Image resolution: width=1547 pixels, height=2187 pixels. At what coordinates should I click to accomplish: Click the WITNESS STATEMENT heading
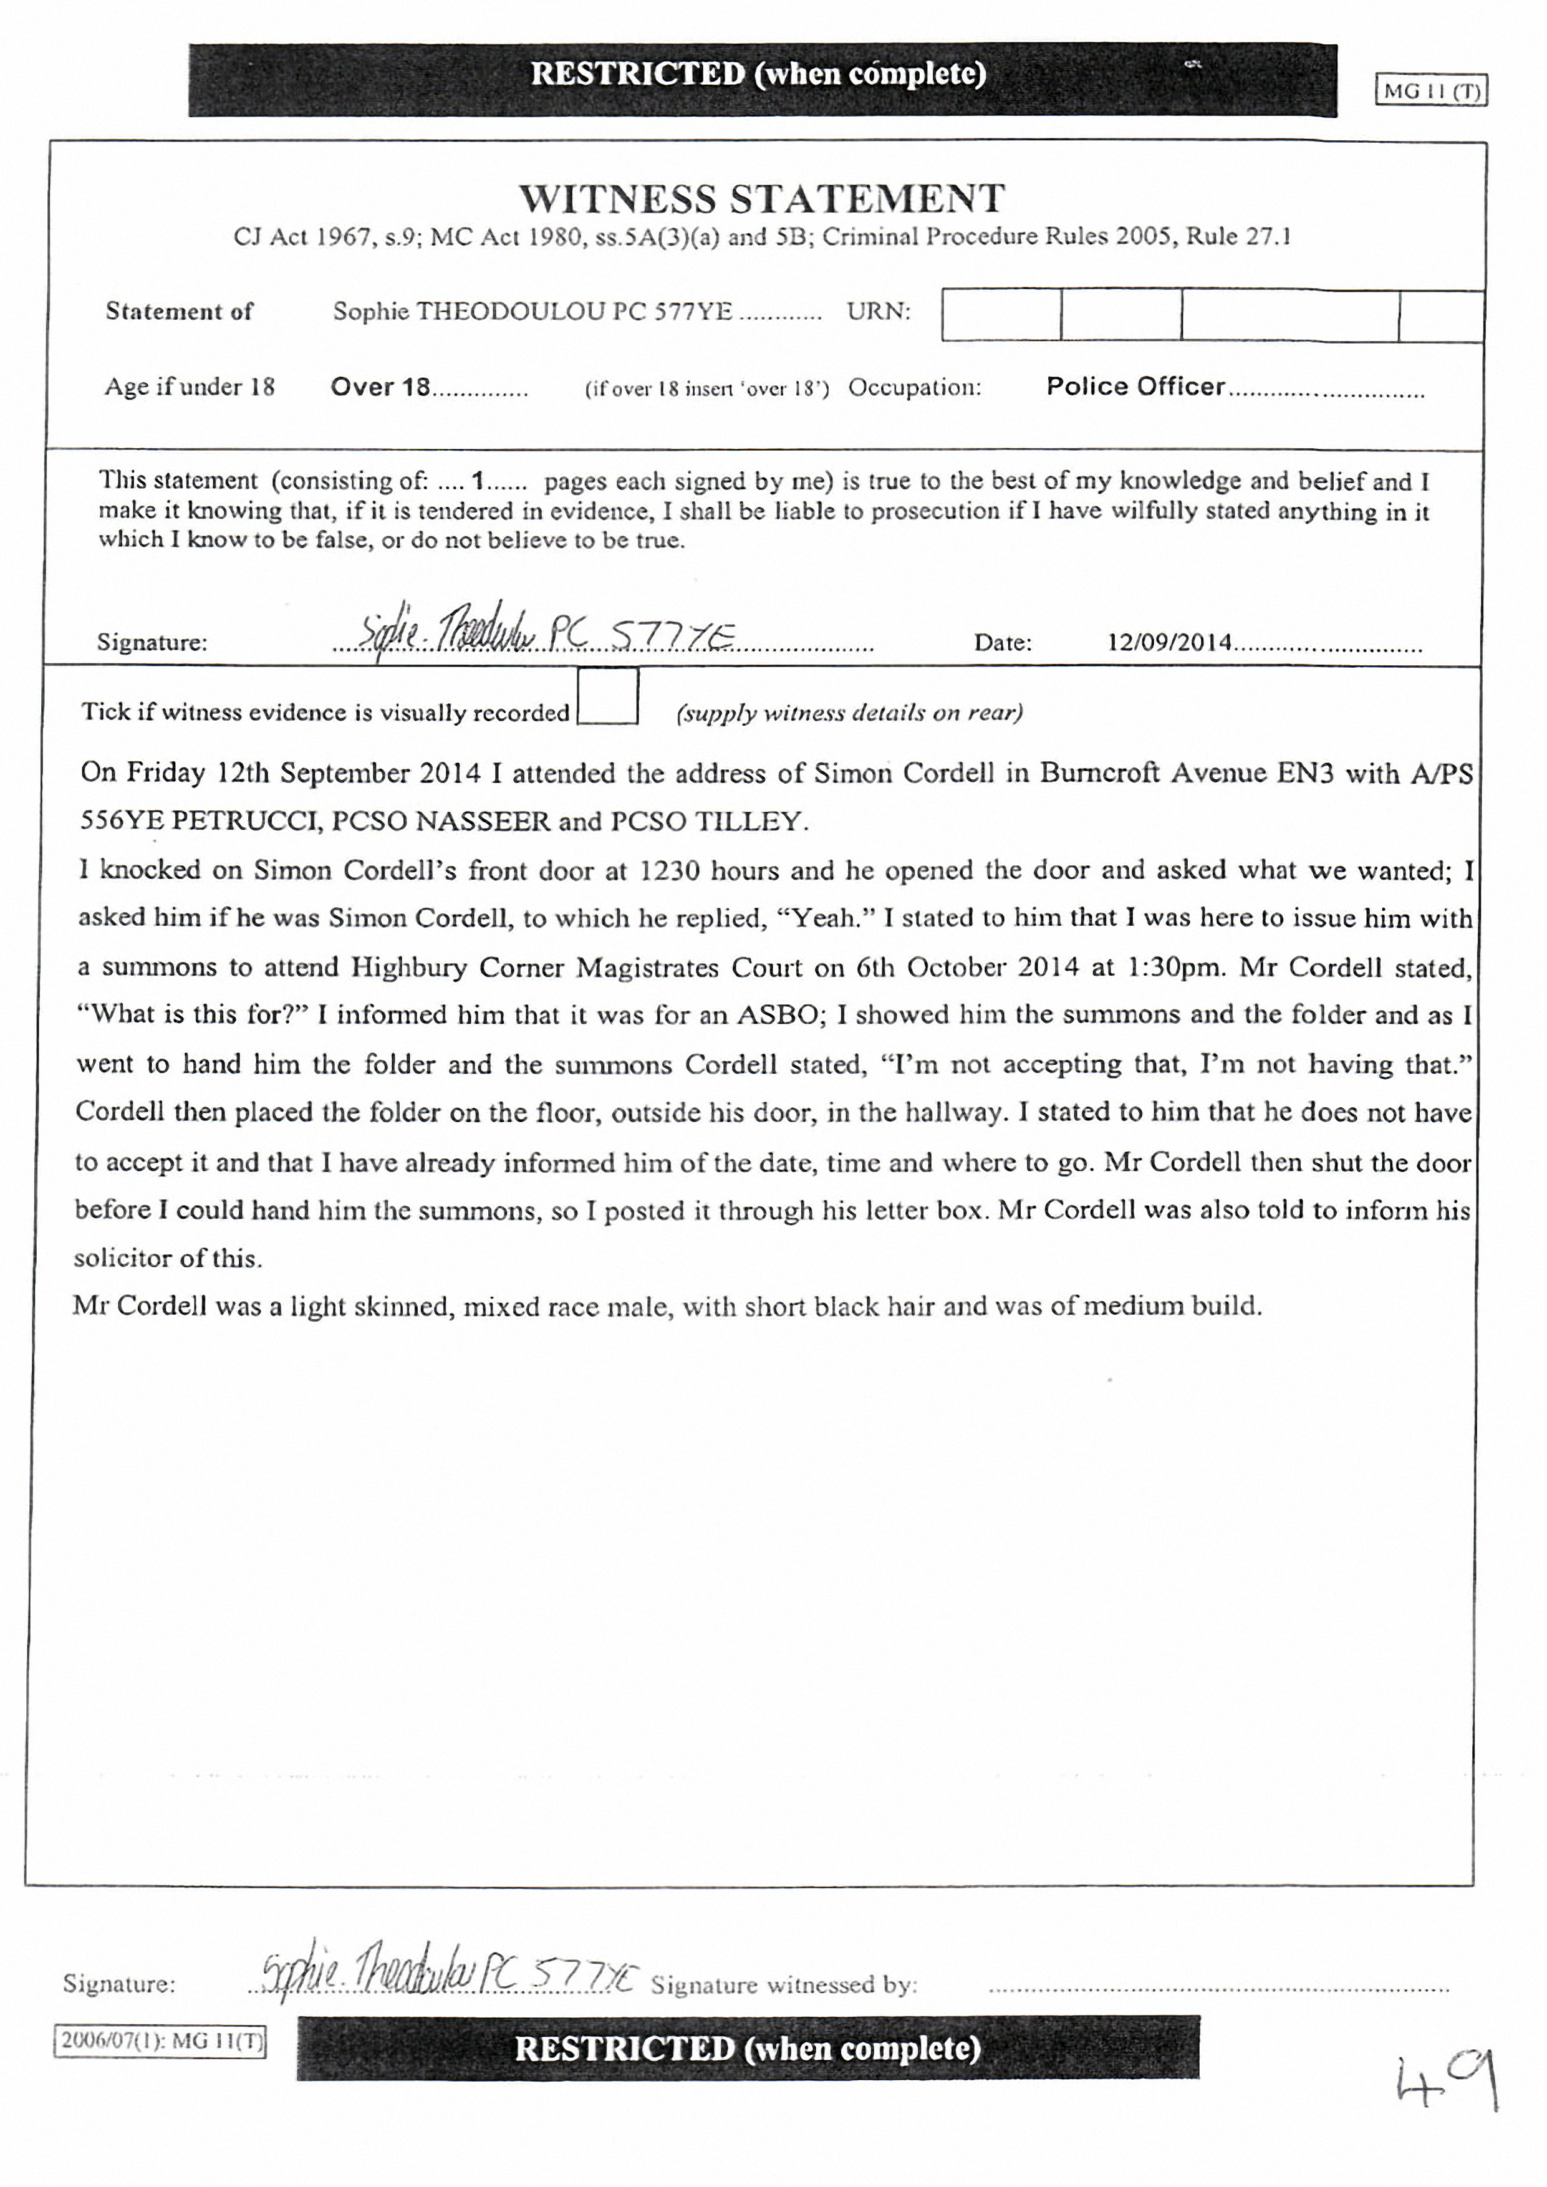(762, 199)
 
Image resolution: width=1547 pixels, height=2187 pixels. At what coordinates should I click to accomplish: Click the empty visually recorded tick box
(608, 696)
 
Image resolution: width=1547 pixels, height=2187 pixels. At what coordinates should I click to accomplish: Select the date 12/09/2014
(1170, 642)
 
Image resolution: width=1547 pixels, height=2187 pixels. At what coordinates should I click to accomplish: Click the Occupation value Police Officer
(1135, 387)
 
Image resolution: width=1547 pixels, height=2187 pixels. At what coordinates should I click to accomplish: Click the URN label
(879, 312)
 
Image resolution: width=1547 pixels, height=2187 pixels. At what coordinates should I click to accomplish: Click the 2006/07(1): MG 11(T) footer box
(160, 2041)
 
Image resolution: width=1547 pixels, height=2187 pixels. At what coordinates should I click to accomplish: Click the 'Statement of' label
(179, 312)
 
